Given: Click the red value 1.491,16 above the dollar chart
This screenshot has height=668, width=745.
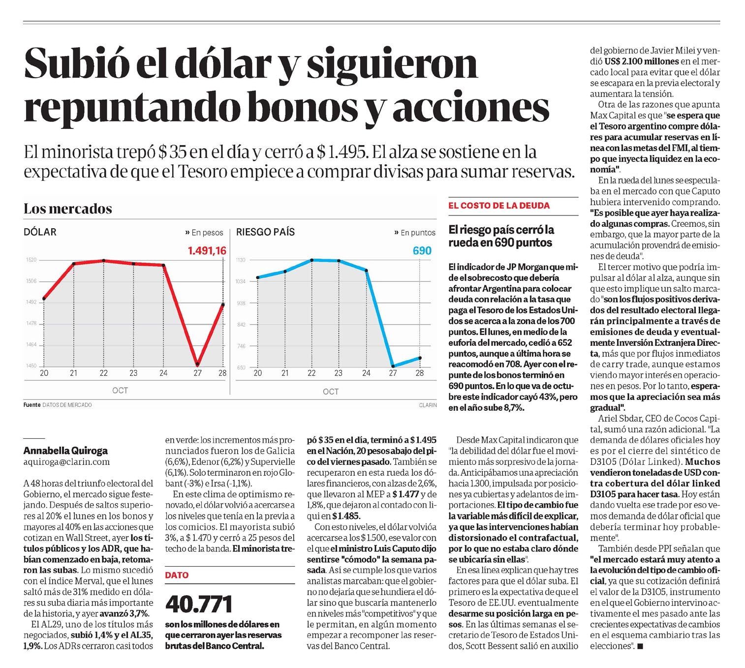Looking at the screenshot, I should point(207,251).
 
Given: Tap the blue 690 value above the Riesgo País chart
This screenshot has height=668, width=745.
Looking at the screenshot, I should point(422,251).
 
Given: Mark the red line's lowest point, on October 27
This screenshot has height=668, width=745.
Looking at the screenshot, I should point(197,364).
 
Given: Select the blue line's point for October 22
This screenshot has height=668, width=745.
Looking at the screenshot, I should point(311,260).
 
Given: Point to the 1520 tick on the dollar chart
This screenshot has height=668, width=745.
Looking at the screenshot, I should point(31,260).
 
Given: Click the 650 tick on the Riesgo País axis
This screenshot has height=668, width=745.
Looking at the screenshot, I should point(241,367).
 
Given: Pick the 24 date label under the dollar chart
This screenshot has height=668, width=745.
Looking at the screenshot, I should point(163,373).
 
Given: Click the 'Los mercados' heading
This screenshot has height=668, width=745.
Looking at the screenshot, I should point(68,209).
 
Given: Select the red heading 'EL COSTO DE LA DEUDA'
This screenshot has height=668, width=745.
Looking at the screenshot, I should point(499,206).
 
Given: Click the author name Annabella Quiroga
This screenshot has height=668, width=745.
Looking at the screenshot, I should point(65,450).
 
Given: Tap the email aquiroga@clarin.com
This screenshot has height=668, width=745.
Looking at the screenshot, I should point(67,462).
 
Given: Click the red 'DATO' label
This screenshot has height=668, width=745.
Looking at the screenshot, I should point(177,575).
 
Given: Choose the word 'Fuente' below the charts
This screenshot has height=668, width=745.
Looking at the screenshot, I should point(32,405).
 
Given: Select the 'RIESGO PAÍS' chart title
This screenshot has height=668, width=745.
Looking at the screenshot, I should point(265,232).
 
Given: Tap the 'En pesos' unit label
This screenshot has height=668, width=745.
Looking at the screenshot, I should point(207,233).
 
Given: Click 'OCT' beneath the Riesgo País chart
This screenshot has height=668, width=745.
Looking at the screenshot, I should point(331,392).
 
